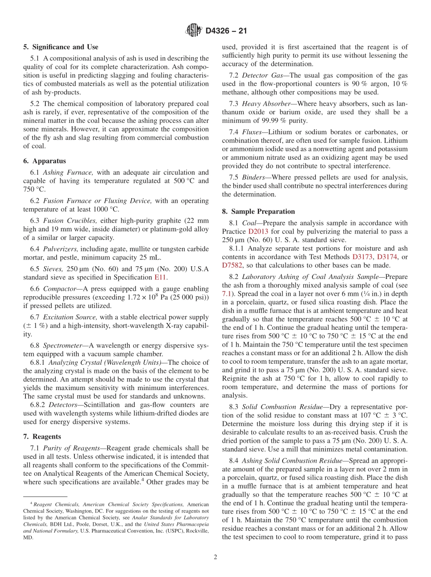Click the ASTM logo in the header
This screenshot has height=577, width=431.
click(194, 31)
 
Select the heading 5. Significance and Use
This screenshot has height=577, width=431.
click(61, 47)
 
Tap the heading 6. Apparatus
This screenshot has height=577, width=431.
click(44, 161)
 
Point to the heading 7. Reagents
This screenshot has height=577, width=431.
click(42, 436)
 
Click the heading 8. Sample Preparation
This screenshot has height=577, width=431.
click(258, 211)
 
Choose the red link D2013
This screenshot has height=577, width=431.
click(258, 231)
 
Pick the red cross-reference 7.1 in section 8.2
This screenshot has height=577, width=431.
click(227, 293)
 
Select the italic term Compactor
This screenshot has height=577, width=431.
click(58, 288)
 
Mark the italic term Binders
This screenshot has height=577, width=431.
click(254, 177)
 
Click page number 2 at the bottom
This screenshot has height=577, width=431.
click(215, 557)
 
